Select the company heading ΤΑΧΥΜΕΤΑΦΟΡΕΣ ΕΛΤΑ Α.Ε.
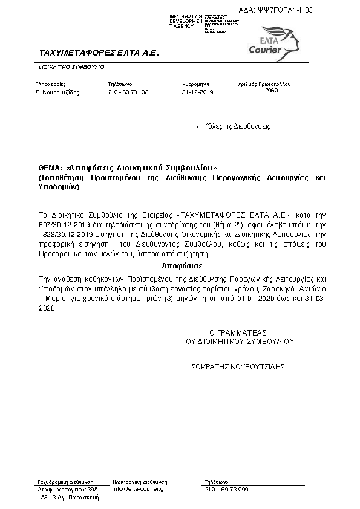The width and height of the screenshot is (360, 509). click(97, 53)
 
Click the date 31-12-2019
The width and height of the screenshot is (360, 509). click(198, 92)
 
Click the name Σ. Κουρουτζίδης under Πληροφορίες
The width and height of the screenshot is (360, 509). click(57, 92)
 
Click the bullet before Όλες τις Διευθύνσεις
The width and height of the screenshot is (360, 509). click(198, 127)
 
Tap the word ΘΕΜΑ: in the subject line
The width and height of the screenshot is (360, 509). click(50, 167)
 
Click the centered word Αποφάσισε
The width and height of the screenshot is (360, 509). click(182, 266)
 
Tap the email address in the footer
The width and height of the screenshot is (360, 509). click(140, 488)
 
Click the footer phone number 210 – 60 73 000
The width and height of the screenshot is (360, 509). click(227, 488)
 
